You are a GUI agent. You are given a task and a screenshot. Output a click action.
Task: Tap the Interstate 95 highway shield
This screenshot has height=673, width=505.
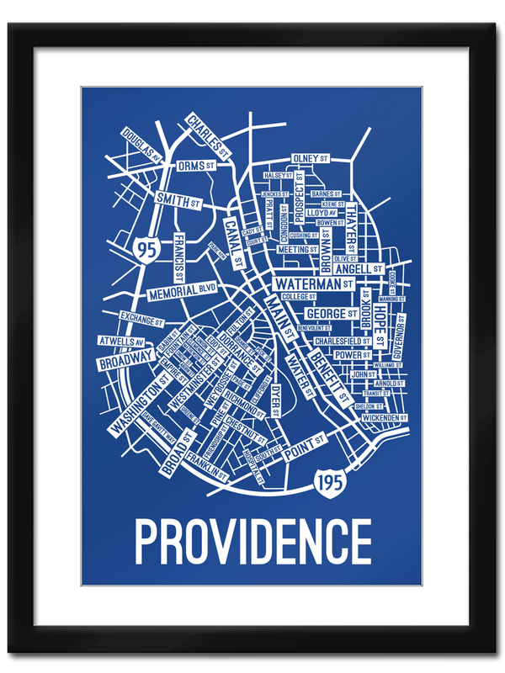tap(145, 249)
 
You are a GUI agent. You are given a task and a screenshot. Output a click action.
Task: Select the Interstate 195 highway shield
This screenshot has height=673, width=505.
tap(328, 482)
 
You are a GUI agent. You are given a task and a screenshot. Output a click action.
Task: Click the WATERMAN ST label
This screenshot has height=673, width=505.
tap(311, 284)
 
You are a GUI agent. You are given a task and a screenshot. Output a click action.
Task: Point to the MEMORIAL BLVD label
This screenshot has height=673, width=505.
tap(182, 292)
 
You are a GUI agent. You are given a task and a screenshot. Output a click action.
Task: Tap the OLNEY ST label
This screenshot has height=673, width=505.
tap(311, 158)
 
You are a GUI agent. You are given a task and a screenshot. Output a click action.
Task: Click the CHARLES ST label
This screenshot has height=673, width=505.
tap(208, 136)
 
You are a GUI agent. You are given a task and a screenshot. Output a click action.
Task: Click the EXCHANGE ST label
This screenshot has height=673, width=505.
tap(140, 318)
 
